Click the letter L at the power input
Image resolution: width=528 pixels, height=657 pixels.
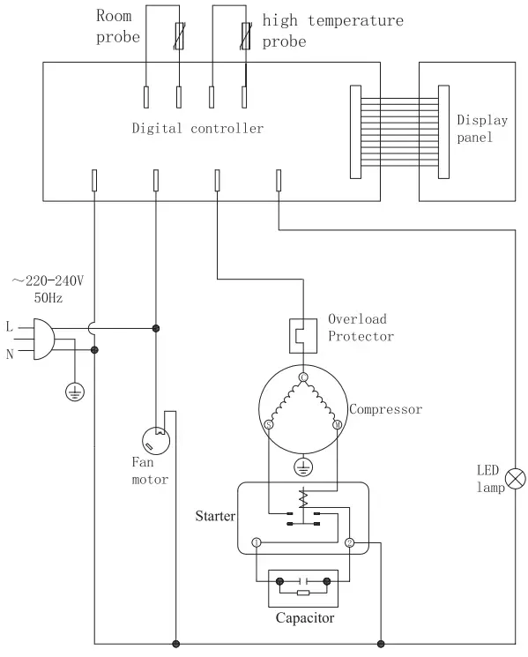(x=10, y=327)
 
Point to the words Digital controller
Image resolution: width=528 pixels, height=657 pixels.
(x=197, y=129)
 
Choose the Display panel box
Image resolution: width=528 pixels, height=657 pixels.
(x=467, y=131)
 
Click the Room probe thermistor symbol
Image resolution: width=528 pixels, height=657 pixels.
(x=180, y=38)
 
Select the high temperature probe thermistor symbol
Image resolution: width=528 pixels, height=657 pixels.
(x=246, y=38)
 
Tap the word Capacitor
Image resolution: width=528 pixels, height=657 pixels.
(x=305, y=618)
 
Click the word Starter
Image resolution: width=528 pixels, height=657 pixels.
(x=215, y=515)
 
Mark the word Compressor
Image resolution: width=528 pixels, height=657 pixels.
(x=385, y=409)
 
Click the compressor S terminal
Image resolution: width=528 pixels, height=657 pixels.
(x=268, y=425)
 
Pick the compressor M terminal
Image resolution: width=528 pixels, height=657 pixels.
(x=337, y=425)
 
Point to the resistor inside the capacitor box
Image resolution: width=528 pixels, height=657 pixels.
(x=304, y=594)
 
